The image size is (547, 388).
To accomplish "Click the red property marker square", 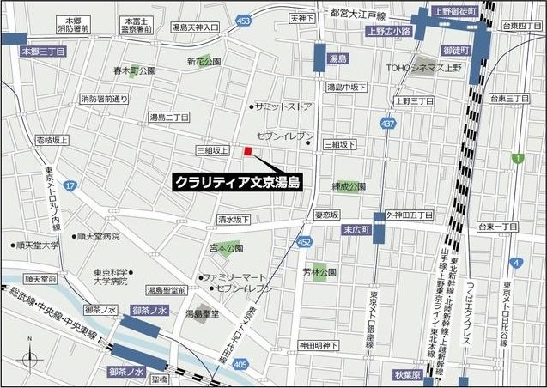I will click(247, 152).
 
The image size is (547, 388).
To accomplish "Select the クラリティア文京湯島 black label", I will click(237, 182).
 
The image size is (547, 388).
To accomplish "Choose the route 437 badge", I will click(389, 124).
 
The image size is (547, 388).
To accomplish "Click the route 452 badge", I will click(304, 243).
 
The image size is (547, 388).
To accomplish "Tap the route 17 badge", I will click(70, 185).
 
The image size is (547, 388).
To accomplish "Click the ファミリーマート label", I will click(233, 277).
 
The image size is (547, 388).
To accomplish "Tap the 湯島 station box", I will click(337, 59).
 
